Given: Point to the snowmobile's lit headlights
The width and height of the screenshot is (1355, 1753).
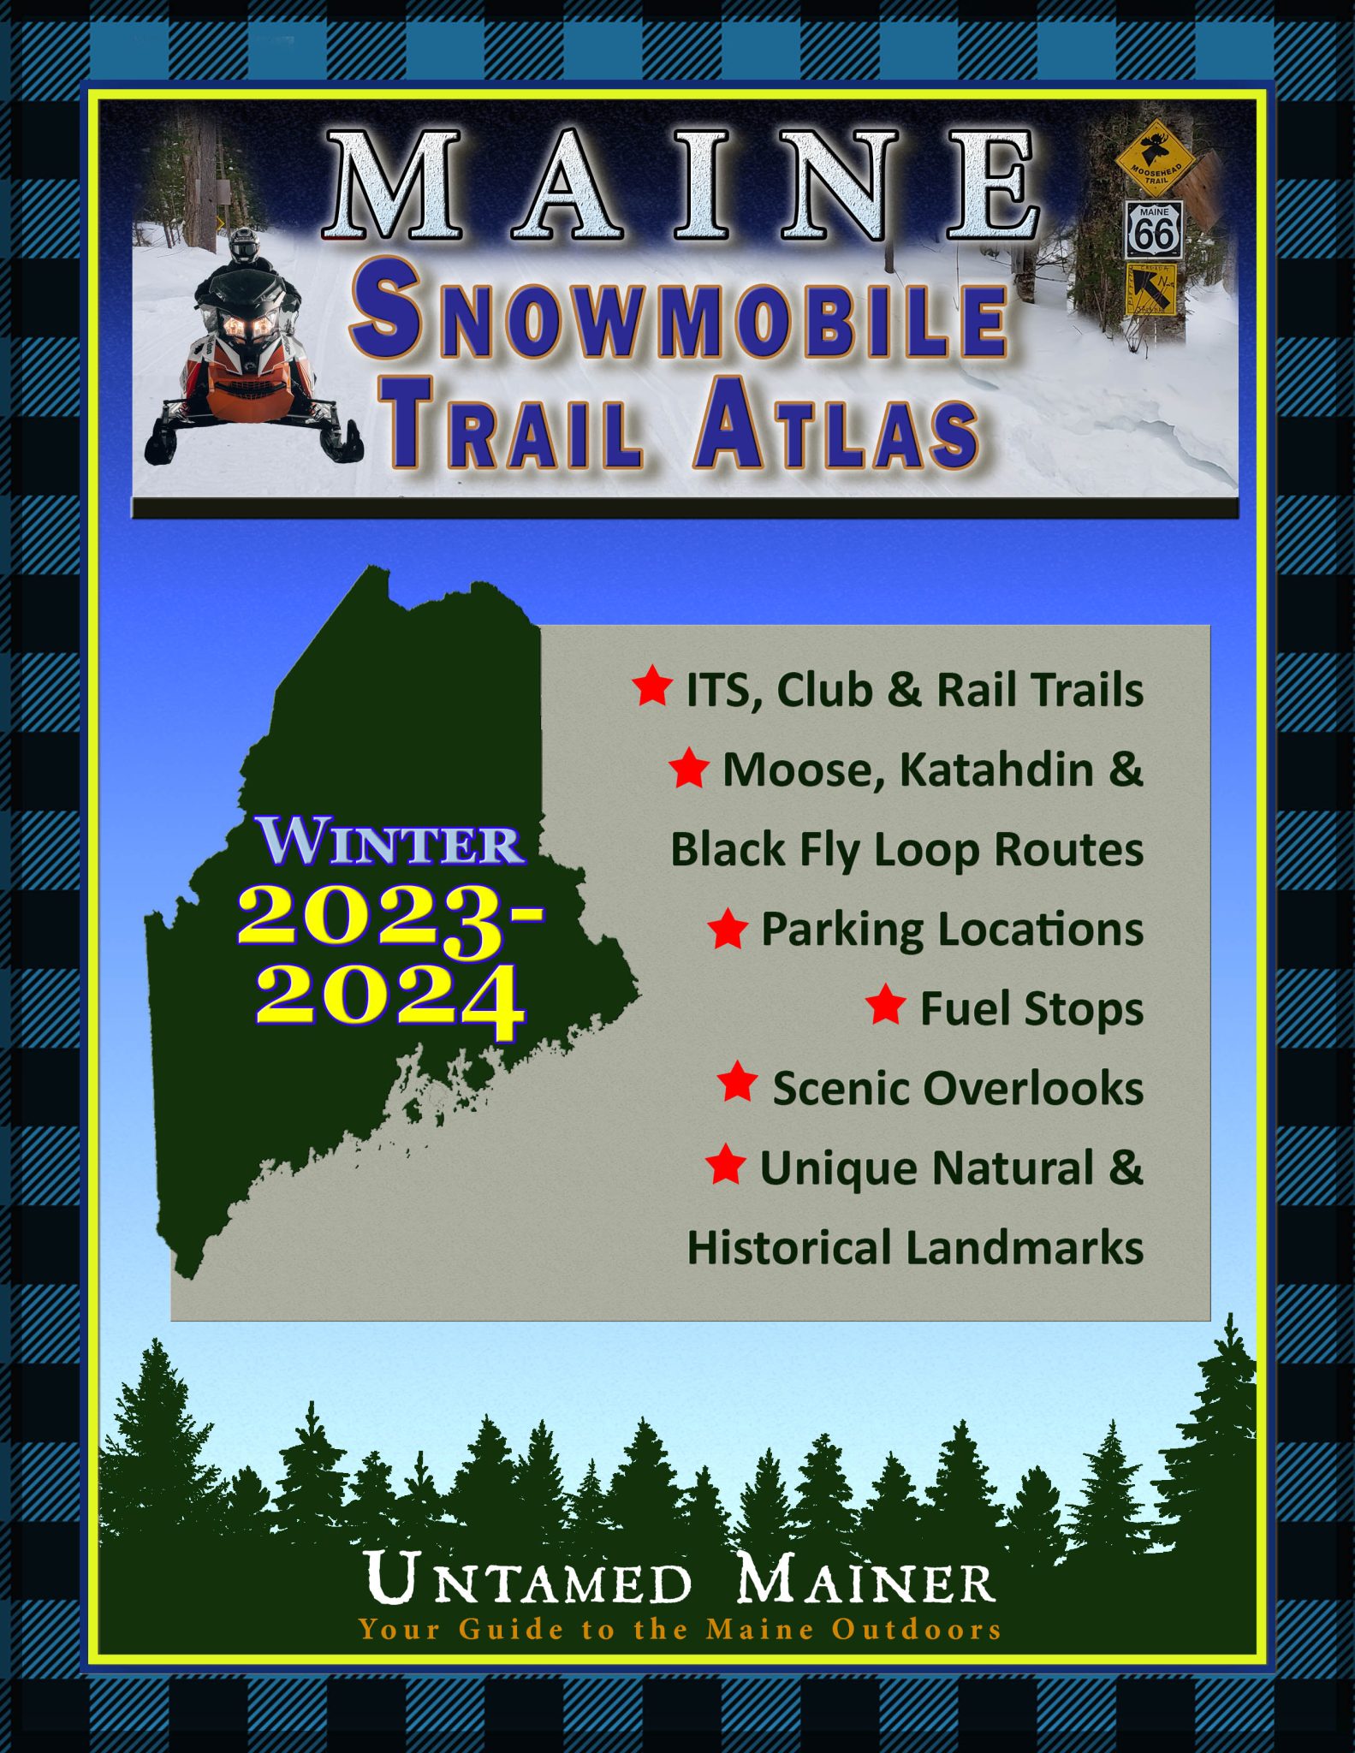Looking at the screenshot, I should (247, 326).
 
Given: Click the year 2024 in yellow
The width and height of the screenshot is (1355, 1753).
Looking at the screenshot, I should (389, 995).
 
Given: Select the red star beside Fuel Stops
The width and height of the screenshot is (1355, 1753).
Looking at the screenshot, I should (885, 1005).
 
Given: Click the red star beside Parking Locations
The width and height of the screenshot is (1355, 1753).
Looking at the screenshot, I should (728, 929).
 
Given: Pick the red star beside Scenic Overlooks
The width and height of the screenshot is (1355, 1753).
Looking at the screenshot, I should (737, 1084).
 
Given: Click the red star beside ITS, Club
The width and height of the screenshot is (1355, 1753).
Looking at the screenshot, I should (652, 686).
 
